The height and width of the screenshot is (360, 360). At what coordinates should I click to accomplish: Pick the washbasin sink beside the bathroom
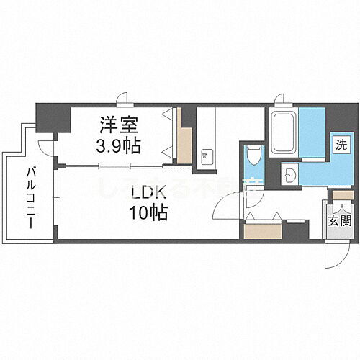[x=289, y=174]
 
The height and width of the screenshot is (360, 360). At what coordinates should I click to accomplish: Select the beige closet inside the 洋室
[x=184, y=144]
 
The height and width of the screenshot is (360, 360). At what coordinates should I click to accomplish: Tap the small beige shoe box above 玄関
[x=342, y=195]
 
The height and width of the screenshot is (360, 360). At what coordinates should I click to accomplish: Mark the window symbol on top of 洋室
[x=125, y=100]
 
